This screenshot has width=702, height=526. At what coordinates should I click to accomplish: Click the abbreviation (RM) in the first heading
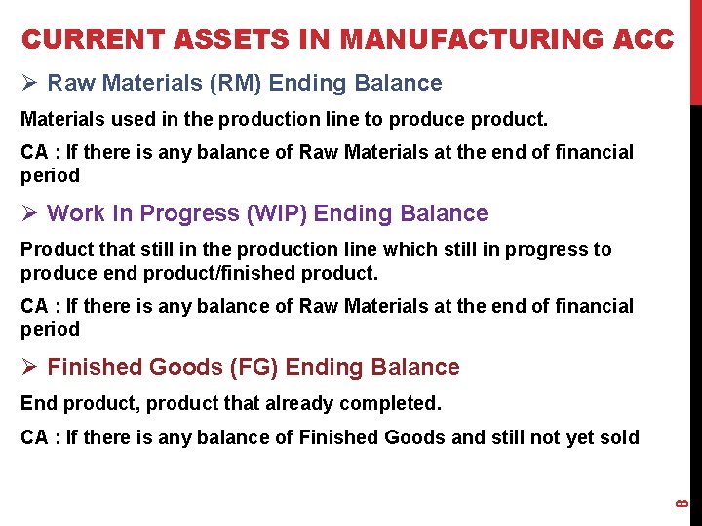pos(231,84)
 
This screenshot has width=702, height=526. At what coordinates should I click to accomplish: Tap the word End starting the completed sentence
pos(38,403)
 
